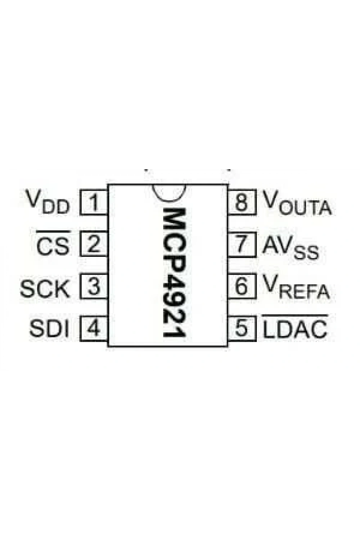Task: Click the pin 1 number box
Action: [94, 202]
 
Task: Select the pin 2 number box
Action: [94, 244]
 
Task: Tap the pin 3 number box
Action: [94, 286]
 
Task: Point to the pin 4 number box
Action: [94, 329]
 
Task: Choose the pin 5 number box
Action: [242, 329]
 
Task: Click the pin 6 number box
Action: [242, 286]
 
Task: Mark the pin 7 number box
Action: [242, 244]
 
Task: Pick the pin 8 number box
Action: [242, 202]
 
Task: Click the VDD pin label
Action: [48, 202]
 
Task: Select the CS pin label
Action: [53, 246]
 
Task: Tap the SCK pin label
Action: [45, 289]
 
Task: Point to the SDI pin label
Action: [49, 329]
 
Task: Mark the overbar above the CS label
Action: [53, 232]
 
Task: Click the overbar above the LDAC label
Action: [295, 315]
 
